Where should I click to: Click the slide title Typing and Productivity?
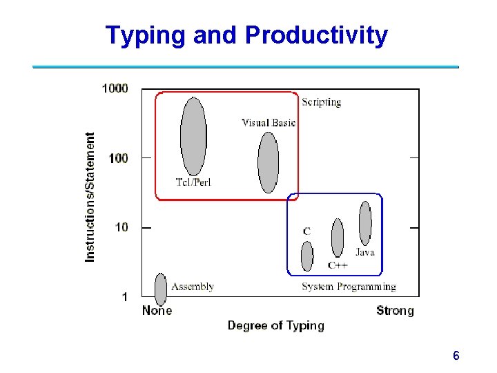pos(246,35)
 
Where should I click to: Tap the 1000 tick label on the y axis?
pos(115,88)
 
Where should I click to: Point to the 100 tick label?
pos(118,158)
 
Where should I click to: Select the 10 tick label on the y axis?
pos(121,227)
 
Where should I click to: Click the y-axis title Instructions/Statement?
pos(90,197)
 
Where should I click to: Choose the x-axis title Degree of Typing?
pos(275,325)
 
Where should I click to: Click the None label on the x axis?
pos(157,311)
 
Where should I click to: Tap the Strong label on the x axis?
pos(395,311)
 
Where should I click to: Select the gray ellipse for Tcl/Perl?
pos(193,135)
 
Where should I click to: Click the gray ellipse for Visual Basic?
pos(268,162)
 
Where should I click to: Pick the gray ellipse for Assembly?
pos(161,289)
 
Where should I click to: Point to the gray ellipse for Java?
pos(365,222)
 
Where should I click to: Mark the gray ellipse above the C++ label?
pos(338,237)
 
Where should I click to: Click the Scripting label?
pos(321,102)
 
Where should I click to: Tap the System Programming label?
pos(349,287)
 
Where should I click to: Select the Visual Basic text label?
pos(269,123)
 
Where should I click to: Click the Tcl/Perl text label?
pos(193,182)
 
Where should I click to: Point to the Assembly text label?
pos(192,287)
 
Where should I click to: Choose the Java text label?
pos(364,252)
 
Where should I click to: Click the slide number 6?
pos(456,356)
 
